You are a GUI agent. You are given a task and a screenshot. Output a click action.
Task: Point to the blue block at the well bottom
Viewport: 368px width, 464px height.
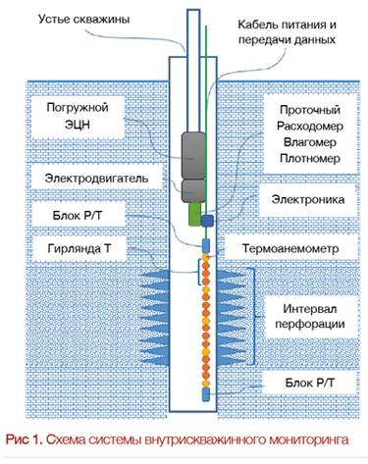206,393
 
